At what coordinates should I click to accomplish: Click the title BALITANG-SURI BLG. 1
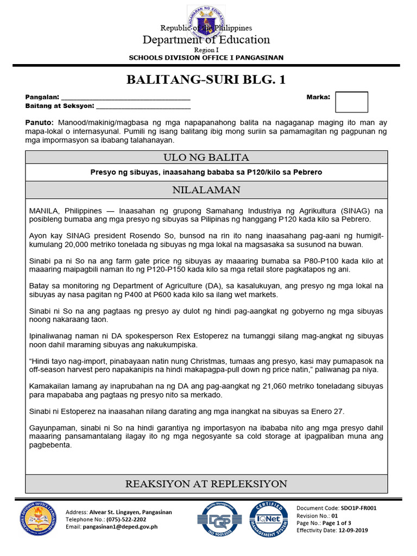click(206, 80)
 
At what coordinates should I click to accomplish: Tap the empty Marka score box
click(351, 102)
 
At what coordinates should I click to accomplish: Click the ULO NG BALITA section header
click(206, 157)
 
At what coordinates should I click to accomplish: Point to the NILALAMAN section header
click(206, 190)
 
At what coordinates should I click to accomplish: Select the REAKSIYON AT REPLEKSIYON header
click(206, 484)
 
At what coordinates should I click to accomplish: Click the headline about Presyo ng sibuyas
click(206, 172)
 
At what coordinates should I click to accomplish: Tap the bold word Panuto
click(39, 123)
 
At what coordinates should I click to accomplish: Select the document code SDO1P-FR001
click(355, 508)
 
